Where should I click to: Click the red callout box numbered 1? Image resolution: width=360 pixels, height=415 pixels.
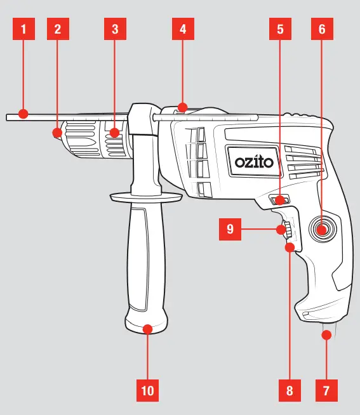pos(23,29)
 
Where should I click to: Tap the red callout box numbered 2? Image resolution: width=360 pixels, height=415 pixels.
pos(57,29)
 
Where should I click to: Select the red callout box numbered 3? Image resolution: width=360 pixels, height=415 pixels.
pos(114,29)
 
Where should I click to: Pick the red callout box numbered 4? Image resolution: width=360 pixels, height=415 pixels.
pos(183,29)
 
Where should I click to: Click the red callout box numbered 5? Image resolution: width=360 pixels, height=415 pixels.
pos(280,29)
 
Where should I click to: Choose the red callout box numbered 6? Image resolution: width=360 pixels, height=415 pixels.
pos(321,29)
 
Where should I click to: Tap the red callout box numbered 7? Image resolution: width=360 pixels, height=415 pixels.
pos(326,390)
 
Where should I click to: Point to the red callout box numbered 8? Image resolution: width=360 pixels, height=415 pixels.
pos(290,390)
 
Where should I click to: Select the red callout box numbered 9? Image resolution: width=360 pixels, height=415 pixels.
pos(229,228)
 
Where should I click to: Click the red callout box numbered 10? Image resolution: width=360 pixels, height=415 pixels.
pos(147,390)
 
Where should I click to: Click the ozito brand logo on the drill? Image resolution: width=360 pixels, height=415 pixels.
pos(254,162)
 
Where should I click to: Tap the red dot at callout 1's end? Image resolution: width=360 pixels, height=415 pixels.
pos(23,114)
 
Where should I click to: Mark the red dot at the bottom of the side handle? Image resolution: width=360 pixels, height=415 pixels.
pos(147,329)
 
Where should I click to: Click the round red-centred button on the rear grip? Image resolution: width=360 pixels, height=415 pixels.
pos(321,228)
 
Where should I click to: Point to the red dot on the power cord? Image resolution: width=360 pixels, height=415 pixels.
pos(326,334)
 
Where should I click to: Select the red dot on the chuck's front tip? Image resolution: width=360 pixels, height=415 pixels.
pos(57,133)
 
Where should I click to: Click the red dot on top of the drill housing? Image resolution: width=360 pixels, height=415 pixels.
pos(183,107)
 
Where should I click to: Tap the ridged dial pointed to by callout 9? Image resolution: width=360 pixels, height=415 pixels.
pos(283,229)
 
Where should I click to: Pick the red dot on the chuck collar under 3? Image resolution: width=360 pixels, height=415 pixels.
pos(114,133)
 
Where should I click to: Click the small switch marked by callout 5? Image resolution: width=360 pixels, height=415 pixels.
pos(279,201)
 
